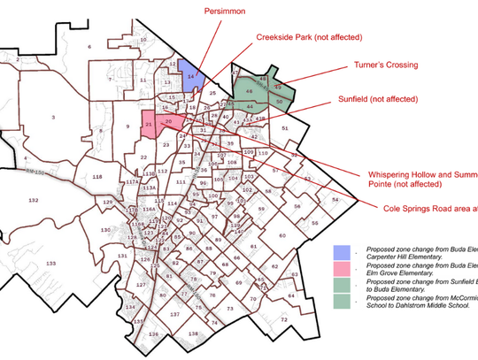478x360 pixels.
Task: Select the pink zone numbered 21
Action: (x=150, y=126)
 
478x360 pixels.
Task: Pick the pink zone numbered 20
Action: (x=169, y=120)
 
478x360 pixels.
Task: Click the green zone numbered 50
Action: (x=280, y=103)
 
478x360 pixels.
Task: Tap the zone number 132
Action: (x=34, y=202)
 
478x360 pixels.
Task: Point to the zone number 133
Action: (x=51, y=264)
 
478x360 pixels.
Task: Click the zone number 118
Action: (x=97, y=178)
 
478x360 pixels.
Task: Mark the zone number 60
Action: (x=283, y=236)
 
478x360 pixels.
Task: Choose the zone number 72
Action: (x=284, y=318)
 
